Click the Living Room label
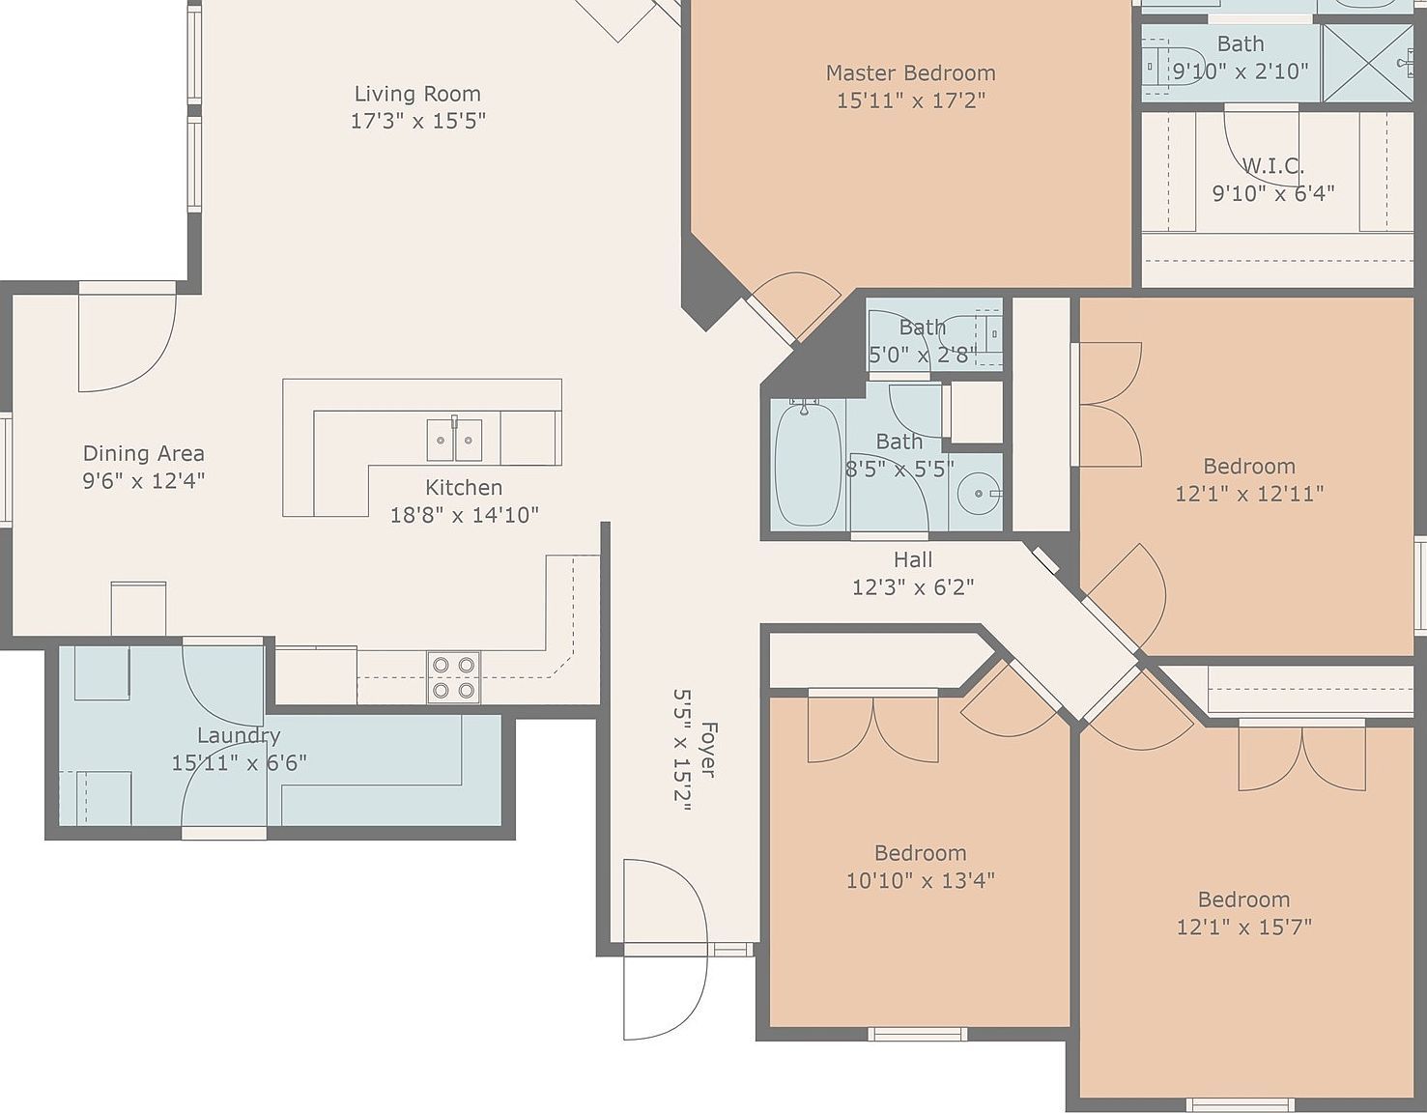click(417, 94)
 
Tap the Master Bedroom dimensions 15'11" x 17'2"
click(910, 100)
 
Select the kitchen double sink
click(454, 440)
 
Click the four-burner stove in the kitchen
click(454, 677)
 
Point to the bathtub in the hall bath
click(808, 463)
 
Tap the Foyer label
click(708, 750)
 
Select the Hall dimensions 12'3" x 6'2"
click(913, 586)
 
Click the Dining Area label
click(143, 453)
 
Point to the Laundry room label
click(239, 735)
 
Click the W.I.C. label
click(1272, 166)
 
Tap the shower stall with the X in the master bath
click(1366, 63)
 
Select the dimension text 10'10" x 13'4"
click(920, 880)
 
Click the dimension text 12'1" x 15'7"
click(1243, 927)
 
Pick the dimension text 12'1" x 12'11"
click(1249, 493)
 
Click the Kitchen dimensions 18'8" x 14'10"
click(465, 515)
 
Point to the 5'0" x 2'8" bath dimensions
click(923, 356)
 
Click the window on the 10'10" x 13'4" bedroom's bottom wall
click(918, 1034)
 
